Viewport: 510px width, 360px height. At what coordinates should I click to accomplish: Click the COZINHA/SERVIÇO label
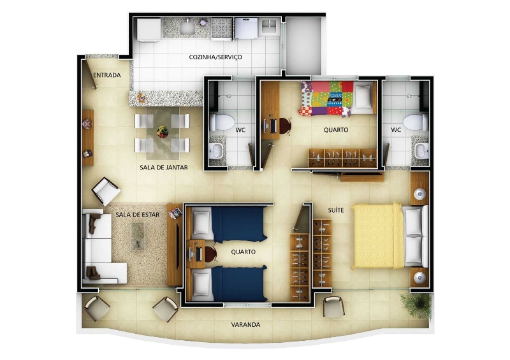215,57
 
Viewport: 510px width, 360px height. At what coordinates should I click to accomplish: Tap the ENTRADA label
107,75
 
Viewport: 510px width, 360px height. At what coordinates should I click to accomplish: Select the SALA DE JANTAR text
164,168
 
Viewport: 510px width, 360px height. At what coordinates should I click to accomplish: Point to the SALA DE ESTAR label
138,215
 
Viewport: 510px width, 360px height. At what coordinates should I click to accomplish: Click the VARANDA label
245,324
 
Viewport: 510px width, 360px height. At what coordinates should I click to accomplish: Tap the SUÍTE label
336,210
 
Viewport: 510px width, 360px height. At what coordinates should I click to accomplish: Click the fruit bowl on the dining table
163,132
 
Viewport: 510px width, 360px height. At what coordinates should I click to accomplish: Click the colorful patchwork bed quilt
327,99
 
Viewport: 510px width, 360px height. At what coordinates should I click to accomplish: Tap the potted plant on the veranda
416,305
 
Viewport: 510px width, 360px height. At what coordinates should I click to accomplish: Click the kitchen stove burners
222,27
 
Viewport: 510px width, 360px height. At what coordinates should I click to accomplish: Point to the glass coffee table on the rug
138,236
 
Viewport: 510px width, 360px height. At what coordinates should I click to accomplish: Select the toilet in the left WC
222,122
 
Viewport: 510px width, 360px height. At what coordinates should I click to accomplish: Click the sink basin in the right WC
421,151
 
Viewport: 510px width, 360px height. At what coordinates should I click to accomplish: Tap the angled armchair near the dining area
106,191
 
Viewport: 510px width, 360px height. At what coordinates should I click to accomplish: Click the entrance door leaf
91,74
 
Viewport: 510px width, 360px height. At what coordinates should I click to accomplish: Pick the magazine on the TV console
175,213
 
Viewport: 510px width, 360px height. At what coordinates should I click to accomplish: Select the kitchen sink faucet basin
187,27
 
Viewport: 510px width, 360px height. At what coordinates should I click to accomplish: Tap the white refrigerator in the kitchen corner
149,29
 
